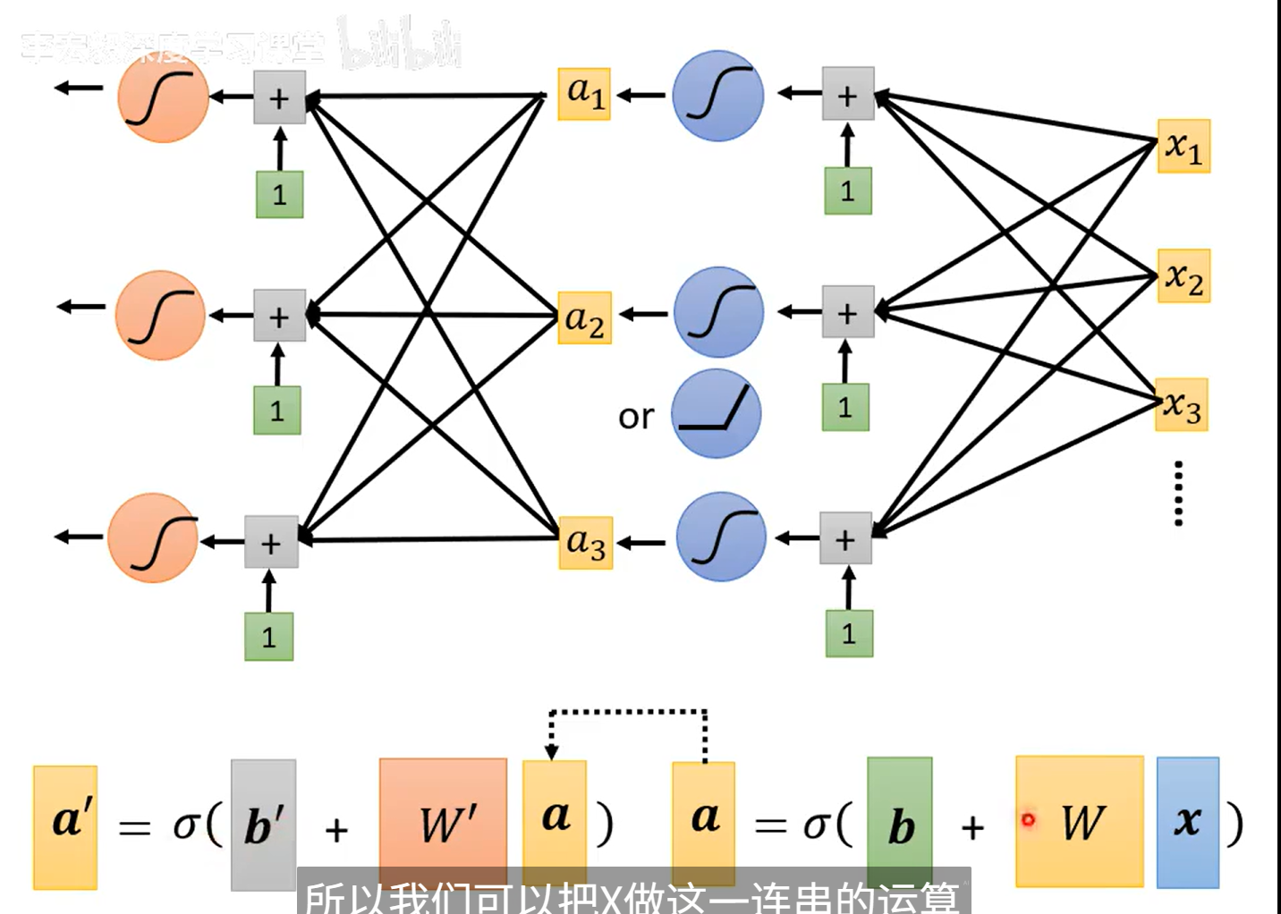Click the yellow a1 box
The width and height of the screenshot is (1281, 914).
[x=584, y=94]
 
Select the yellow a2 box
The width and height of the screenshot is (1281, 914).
[x=584, y=318]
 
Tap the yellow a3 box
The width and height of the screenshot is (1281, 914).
[x=586, y=543]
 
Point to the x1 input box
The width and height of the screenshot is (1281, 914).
[x=1183, y=146]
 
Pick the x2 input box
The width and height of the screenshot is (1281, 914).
[x=1183, y=276]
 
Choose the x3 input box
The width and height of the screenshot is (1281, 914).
[x=1182, y=405]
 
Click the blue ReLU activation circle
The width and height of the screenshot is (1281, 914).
[x=716, y=414]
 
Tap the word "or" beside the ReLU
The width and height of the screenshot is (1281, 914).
[x=636, y=417]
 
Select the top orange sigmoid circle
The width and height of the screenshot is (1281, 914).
[x=163, y=97]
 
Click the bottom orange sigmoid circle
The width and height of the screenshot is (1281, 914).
[x=154, y=538]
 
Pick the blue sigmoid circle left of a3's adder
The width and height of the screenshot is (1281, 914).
[x=721, y=537]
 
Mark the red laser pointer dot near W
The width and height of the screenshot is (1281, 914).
[x=1028, y=819]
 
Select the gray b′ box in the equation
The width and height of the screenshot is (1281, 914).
[x=263, y=825]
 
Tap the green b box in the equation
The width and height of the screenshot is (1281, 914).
[x=900, y=823]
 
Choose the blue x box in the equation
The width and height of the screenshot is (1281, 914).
[x=1187, y=822]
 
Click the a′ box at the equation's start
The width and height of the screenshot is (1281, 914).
[x=65, y=826]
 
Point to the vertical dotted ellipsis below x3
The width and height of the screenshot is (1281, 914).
[x=1178, y=493]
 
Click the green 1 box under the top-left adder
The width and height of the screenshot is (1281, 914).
[x=279, y=194]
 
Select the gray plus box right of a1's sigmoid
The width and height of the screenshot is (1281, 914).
[x=847, y=93]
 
